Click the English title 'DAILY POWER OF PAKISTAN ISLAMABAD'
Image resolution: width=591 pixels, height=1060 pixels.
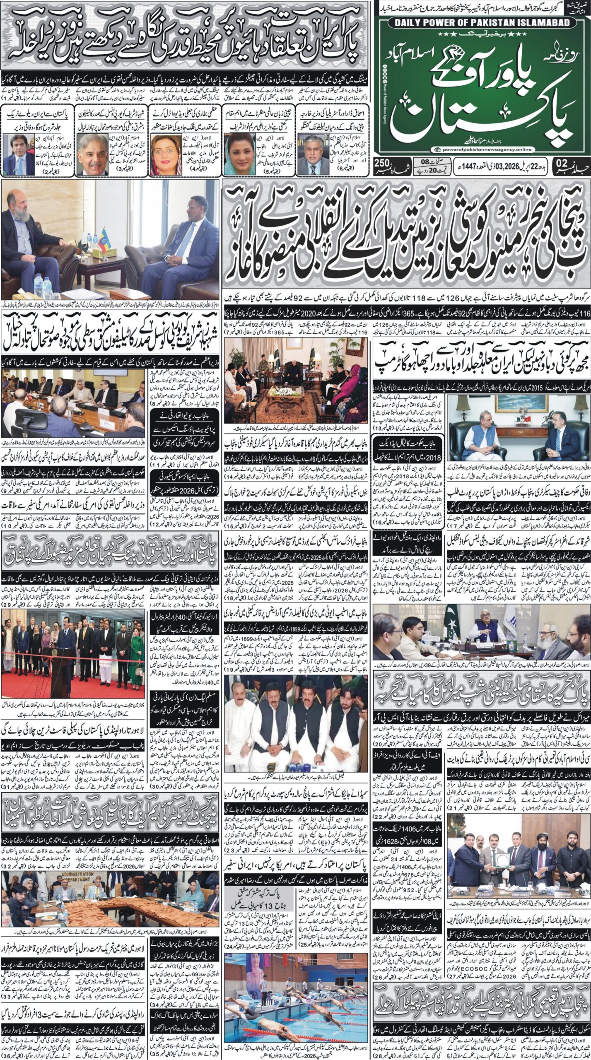482,24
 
